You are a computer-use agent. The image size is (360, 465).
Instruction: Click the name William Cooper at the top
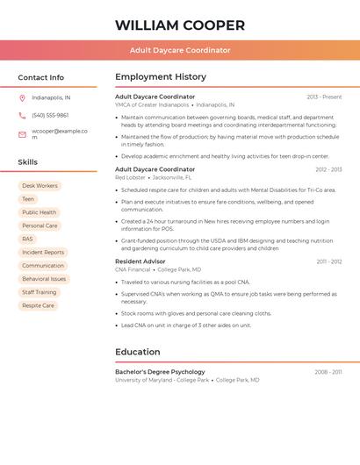click(180, 25)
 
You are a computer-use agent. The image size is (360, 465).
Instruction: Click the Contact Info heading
click(40, 77)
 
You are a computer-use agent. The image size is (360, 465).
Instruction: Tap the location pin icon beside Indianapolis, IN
click(22, 97)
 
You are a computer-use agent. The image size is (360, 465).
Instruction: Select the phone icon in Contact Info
click(22, 115)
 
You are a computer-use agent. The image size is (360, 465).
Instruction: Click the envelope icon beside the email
click(22, 133)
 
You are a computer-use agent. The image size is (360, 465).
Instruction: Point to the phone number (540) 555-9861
click(50, 115)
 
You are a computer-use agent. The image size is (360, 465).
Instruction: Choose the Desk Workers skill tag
click(40, 186)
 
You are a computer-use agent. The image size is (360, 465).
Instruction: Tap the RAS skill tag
click(27, 239)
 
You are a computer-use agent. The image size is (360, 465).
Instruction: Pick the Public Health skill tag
click(39, 212)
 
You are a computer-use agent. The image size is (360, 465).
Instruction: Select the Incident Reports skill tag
click(43, 252)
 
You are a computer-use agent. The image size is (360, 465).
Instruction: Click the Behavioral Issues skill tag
click(44, 279)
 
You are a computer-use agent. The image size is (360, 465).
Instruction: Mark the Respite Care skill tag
click(38, 305)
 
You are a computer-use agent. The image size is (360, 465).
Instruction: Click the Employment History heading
click(161, 77)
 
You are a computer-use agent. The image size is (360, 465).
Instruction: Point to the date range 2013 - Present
click(324, 97)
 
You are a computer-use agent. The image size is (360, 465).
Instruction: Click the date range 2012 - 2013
click(328, 169)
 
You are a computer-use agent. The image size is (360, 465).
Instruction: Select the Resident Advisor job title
click(140, 261)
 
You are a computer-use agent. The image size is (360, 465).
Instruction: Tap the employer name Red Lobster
click(130, 177)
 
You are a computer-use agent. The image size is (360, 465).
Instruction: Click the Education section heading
click(137, 352)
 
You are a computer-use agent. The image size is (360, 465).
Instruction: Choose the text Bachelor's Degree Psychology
click(160, 372)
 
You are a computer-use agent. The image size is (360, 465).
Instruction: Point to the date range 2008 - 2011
click(328, 372)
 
